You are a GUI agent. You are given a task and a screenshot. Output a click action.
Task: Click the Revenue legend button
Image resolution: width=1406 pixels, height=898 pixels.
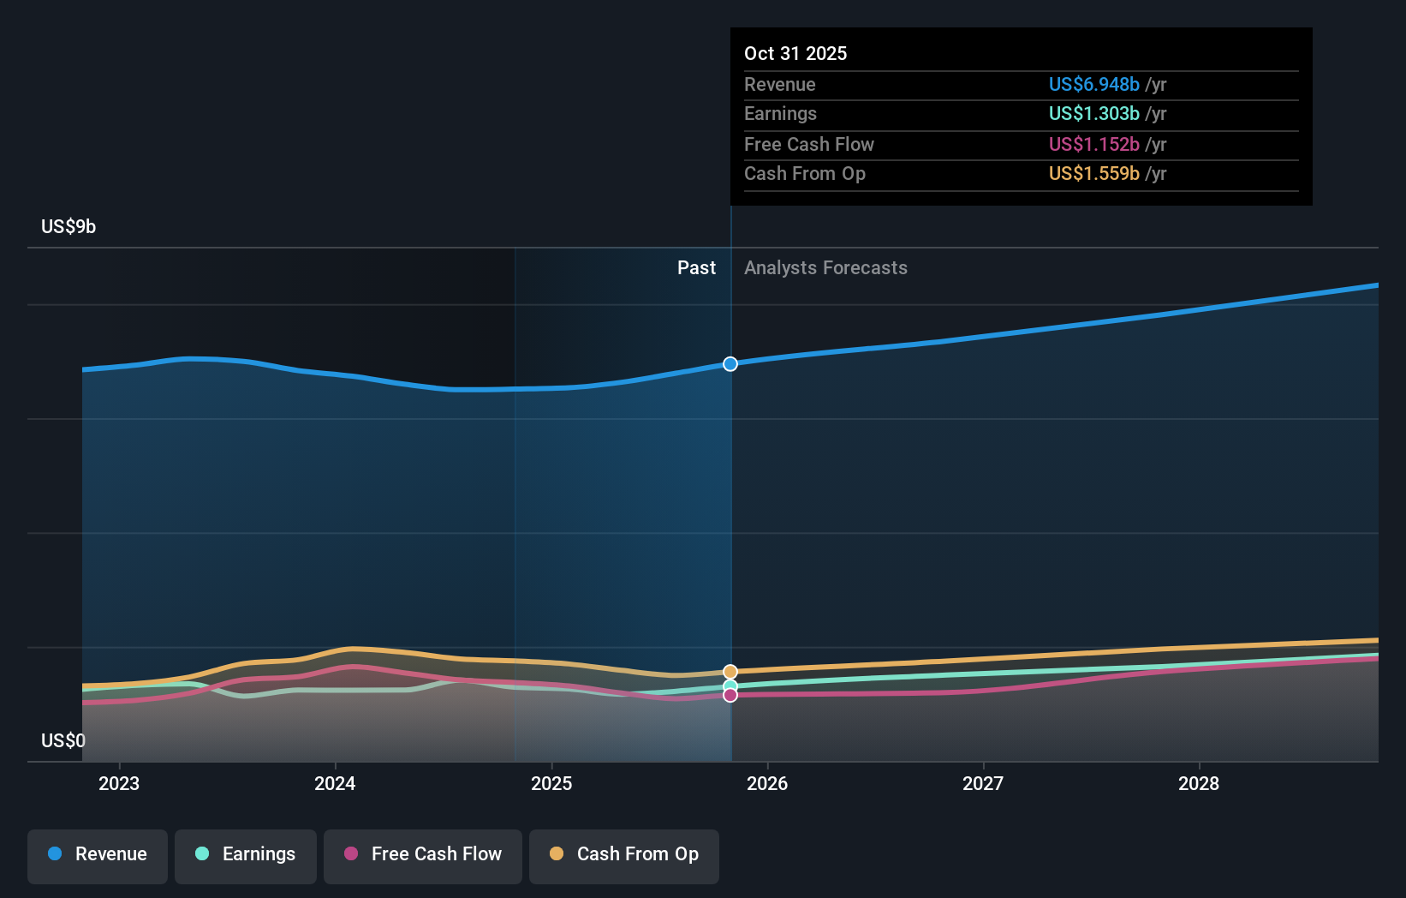point(98,855)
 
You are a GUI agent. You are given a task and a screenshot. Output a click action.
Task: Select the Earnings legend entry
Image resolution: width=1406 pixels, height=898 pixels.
point(246,855)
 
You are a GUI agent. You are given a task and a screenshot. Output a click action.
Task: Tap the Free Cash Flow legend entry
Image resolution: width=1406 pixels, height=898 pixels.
point(423,855)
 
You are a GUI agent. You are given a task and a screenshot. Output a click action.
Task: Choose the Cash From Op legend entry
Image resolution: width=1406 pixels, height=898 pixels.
point(624,855)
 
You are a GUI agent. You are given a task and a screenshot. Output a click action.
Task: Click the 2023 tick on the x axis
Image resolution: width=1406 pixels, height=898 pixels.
point(119,784)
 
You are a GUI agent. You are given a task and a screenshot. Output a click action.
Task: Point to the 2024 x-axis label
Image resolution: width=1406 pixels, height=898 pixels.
point(335,784)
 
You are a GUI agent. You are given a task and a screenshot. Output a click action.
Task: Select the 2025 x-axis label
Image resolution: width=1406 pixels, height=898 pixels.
point(551,784)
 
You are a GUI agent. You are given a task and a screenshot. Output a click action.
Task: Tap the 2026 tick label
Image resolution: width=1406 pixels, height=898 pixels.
point(767,784)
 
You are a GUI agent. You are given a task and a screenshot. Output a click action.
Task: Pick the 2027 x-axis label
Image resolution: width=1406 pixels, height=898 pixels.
point(983,784)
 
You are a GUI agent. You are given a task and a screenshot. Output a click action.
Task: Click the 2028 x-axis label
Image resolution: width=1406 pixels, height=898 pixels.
point(1199,784)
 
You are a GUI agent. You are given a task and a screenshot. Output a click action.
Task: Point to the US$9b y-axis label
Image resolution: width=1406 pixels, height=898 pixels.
point(69,227)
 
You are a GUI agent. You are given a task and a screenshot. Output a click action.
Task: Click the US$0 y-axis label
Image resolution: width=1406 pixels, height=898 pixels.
point(63,741)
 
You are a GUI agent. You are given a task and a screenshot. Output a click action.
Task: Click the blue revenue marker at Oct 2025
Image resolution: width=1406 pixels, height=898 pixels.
point(730,364)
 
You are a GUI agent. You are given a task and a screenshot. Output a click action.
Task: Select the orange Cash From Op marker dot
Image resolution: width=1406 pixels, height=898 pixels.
point(730,672)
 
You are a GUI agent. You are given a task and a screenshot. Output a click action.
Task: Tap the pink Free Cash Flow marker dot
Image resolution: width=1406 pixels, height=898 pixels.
point(730,695)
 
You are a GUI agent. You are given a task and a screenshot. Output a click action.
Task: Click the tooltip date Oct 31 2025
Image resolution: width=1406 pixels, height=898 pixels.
point(795,54)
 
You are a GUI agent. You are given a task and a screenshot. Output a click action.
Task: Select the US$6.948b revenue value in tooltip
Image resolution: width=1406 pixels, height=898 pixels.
point(1093,85)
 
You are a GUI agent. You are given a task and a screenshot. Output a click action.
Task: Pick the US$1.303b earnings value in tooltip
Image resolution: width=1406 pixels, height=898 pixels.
point(1093,114)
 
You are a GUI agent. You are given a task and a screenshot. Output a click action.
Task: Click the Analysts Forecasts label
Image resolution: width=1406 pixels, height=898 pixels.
point(825,268)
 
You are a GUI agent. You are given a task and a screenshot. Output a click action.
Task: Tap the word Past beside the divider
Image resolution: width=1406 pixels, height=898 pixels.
point(696,268)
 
